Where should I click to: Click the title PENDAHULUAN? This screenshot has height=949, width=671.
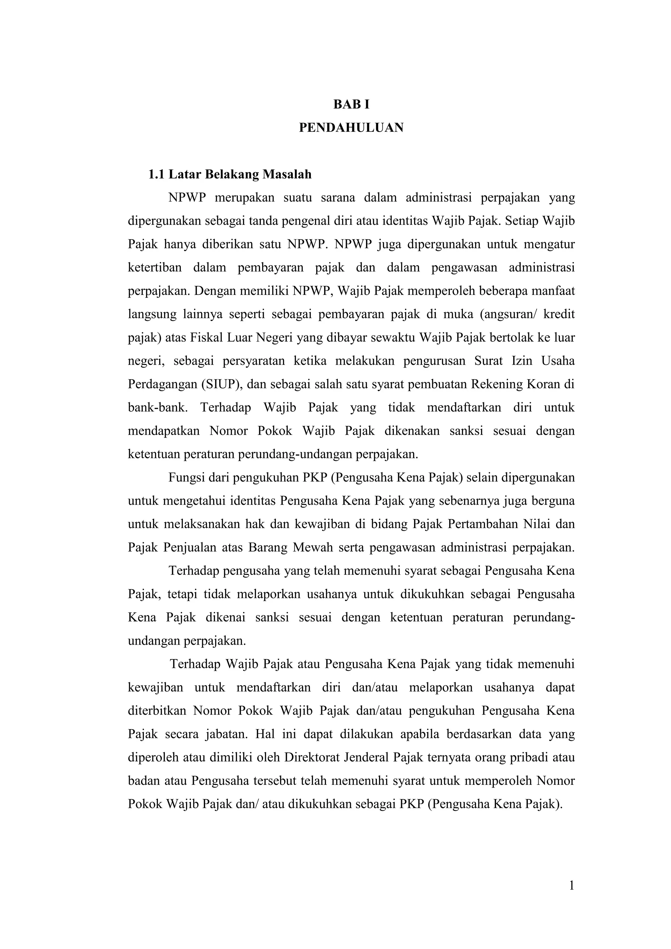[351, 128]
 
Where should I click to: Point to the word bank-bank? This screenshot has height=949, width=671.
[158, 408]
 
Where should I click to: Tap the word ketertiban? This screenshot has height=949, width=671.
[155, 268]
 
